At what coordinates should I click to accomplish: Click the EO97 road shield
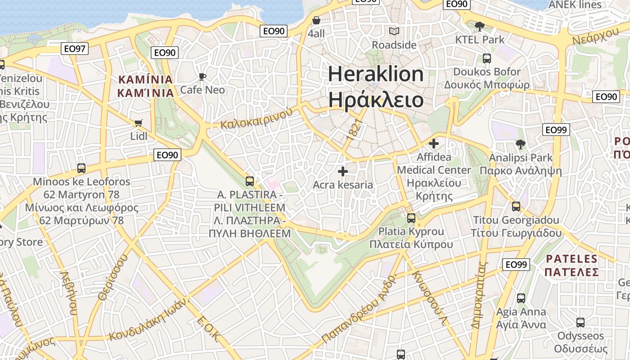pyautogui.click(x=75, y=49)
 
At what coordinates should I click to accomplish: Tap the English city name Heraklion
pyautogui.click(x=376, y=74)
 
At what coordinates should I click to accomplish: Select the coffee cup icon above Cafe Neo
pyautogui.click(x=202, y=77)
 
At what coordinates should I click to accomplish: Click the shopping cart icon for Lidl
pyautogui.click(x=139, y=123)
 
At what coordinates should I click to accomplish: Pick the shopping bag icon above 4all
pyautogui.click(x=316, y=21)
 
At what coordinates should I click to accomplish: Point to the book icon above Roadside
pyautogui.click(x=394, y=31)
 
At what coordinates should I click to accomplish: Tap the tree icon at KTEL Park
pyautogui.click(x=480, y=26)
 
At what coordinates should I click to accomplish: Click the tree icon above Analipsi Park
pyautogui.click(x=521, y=144)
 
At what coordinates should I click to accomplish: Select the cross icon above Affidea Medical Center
pyautogui.click(x=434, y=144)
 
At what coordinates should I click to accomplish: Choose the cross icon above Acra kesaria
pyautogui.click(x=343, y=171)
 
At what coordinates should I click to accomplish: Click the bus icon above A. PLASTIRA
pyautogui.click(x=250, y=181)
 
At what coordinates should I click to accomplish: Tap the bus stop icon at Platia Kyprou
pyautogui.click(x=411, y=218)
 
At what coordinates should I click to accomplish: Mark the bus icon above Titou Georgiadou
pyautogui.click(x=516, y=207)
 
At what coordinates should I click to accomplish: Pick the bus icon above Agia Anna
pyautogui.click(x=521, y=298)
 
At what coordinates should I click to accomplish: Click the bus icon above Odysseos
pyautogui.click(x=580, y=322)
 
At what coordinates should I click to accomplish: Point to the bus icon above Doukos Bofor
pyautogui.click(x=486, y=58)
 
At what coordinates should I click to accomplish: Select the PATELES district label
pyautogui.click(x=571, y=259)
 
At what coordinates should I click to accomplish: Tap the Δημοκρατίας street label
pyautogui.click(x=480, y=295)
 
